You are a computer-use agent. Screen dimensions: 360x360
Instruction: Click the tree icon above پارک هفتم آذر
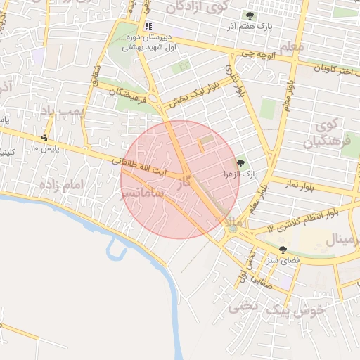click(250, 15)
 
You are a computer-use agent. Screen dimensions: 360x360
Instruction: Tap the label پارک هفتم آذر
click(250, 27)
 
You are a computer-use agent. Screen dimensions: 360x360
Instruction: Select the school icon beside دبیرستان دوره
click(148, 27)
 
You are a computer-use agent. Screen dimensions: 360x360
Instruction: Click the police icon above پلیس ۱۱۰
click(45, 138)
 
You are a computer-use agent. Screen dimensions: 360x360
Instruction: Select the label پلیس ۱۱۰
click(43, 149)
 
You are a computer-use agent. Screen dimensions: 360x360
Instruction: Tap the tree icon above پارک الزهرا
click(240, 163)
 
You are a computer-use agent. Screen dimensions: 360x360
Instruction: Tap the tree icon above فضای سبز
click(283, 250)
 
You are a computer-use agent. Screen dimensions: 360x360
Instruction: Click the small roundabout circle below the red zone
click(233, 228)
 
